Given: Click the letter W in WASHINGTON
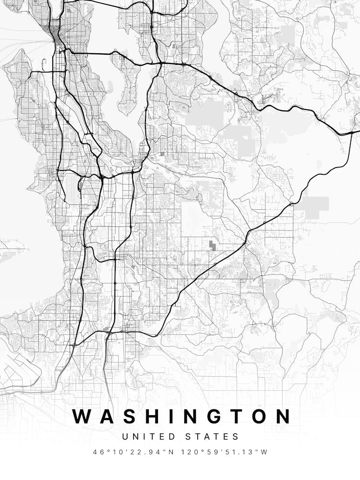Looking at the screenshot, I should [x=83, y=416].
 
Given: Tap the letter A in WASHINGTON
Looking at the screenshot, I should [x=107, y=416].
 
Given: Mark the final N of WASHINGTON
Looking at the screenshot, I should [x=282, y=416].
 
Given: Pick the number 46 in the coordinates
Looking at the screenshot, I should [x=99, y=452].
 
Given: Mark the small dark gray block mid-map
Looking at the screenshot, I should [x=212, y=245].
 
